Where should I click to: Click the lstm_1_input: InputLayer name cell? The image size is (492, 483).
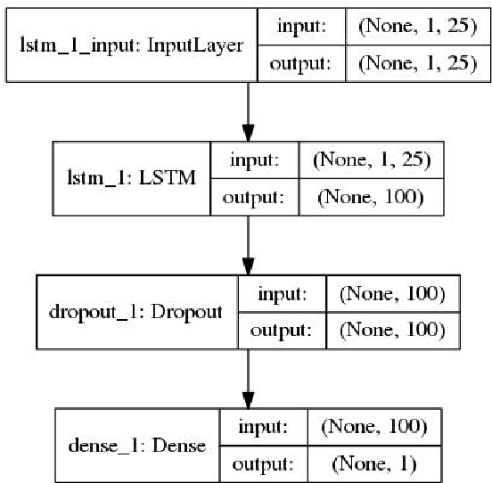132,45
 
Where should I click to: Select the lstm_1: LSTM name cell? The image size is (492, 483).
132,178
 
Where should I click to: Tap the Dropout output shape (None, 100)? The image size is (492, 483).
386,330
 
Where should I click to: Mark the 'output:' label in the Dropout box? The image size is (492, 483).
282,330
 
